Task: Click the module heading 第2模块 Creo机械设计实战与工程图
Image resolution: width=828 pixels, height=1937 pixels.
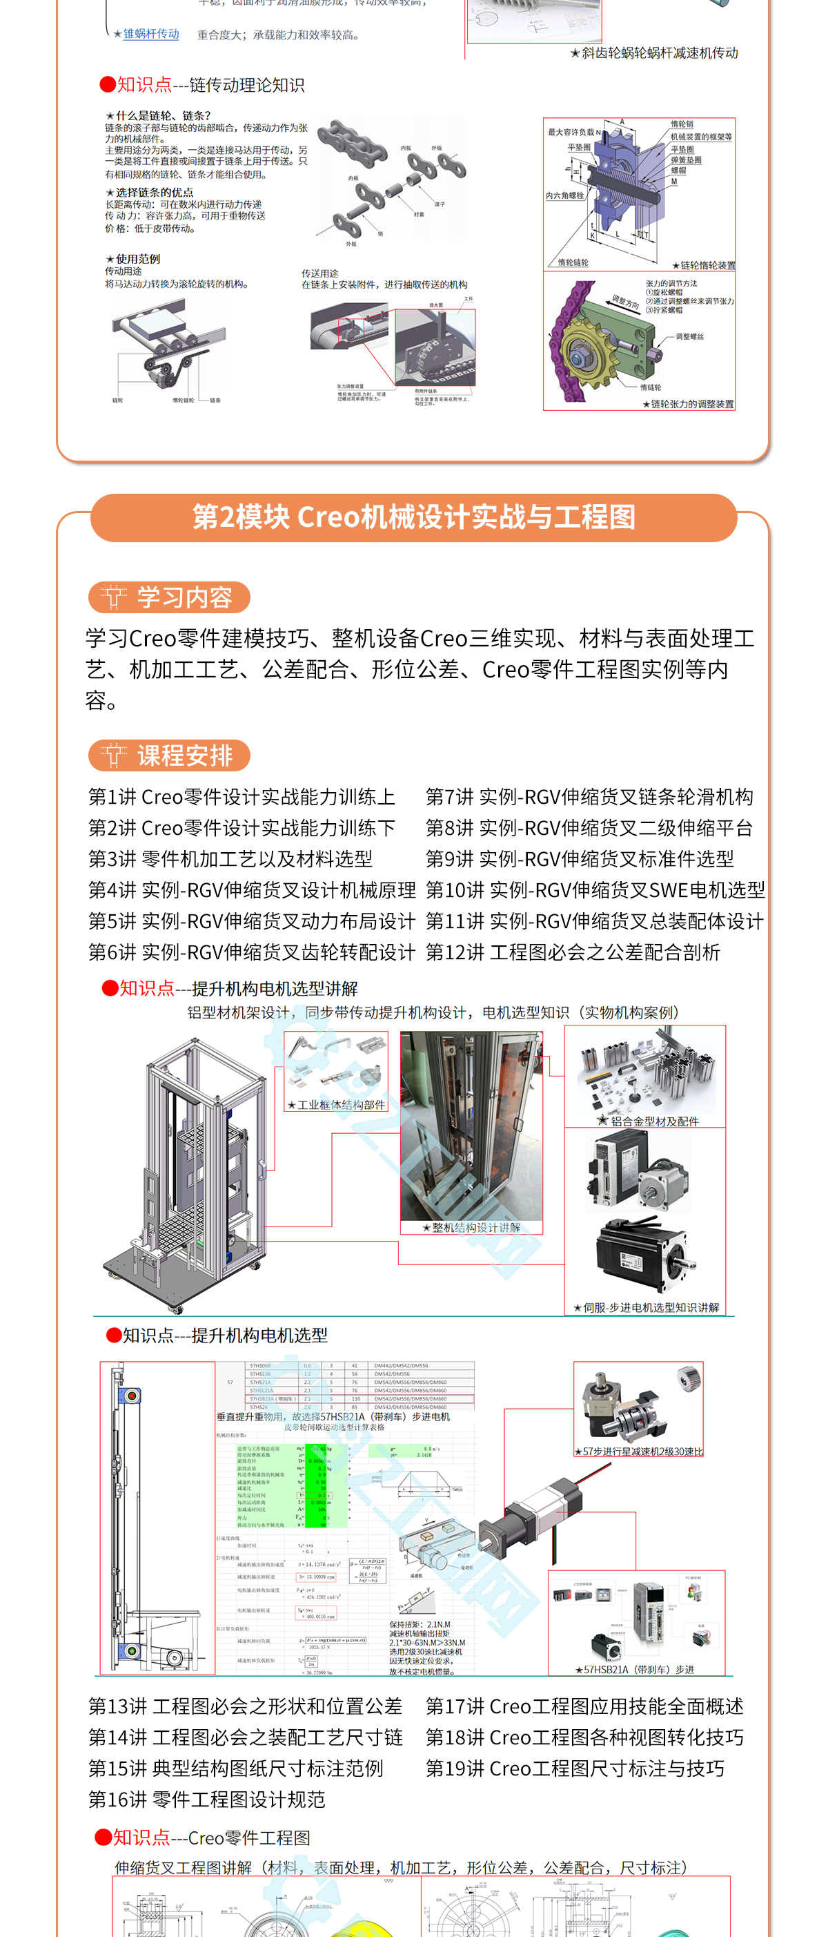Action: coord(413,517)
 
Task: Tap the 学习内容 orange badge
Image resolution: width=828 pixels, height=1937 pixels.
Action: coord(169,597)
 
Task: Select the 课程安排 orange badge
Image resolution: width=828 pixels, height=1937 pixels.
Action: coord(169,755)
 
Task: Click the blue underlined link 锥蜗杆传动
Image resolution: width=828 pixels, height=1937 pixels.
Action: coord(151,34)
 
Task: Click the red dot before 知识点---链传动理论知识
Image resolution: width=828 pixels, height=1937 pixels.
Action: coord(108,84)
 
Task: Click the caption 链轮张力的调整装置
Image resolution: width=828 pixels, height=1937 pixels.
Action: coord(691,404)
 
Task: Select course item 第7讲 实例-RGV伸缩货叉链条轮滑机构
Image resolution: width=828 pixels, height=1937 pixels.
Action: coord(589,797)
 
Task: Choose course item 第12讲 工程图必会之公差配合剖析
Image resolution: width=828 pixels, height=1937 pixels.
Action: coord(573,953)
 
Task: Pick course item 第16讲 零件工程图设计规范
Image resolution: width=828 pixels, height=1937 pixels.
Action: coord(206,1800)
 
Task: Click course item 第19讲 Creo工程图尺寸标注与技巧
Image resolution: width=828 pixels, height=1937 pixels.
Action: coord(575,1769)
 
